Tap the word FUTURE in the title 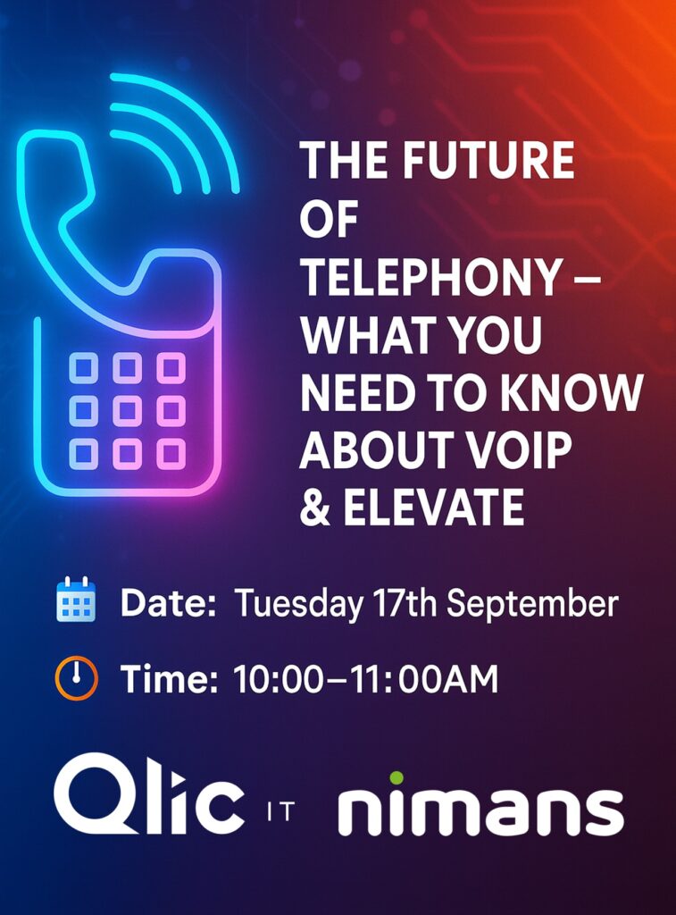click(488, 161)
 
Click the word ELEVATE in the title click(433, 508)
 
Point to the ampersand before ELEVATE click(315, 508)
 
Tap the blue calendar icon click(76, 600)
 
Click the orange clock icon click(76, 678)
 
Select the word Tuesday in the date click(298, 604)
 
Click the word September click(532, 604)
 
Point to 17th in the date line click(405, 603)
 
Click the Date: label click(168, 603)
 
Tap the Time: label click(169, 679)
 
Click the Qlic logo click(149, 794)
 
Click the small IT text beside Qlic click(280, 811)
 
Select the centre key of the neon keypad click(127, 411)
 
